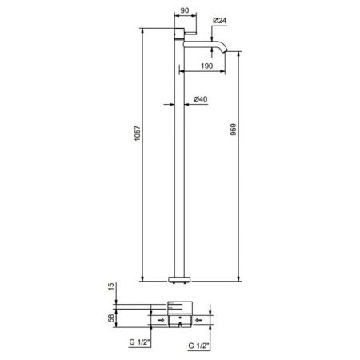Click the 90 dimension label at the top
(x=185, y=10)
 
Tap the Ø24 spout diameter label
(x=220, y=20)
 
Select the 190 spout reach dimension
(x=206, y=66)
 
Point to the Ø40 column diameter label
(x=200, y=99)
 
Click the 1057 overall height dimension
(x=137, y=133)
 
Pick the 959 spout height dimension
(x=233, y=130)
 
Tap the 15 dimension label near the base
(x=111, y=286)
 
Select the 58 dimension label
(x=111, y=318)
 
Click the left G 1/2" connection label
(x=140, y=342)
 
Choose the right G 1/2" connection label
(x=198, y=346)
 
